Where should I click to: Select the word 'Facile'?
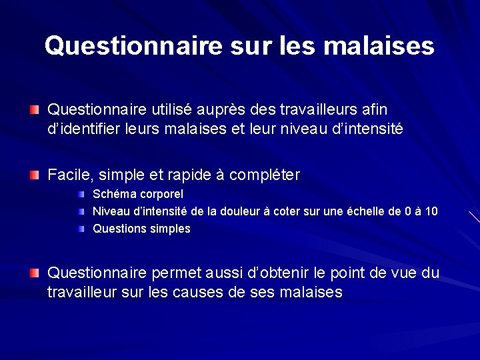click(71, 175)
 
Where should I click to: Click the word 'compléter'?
click(265, 175)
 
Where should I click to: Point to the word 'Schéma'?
click(113, 195)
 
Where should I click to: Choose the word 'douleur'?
click(237, 212)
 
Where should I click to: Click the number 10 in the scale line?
click(431, 212)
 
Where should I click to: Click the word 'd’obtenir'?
click(278, 273)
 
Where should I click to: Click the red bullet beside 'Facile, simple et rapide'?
click(34, 175)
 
